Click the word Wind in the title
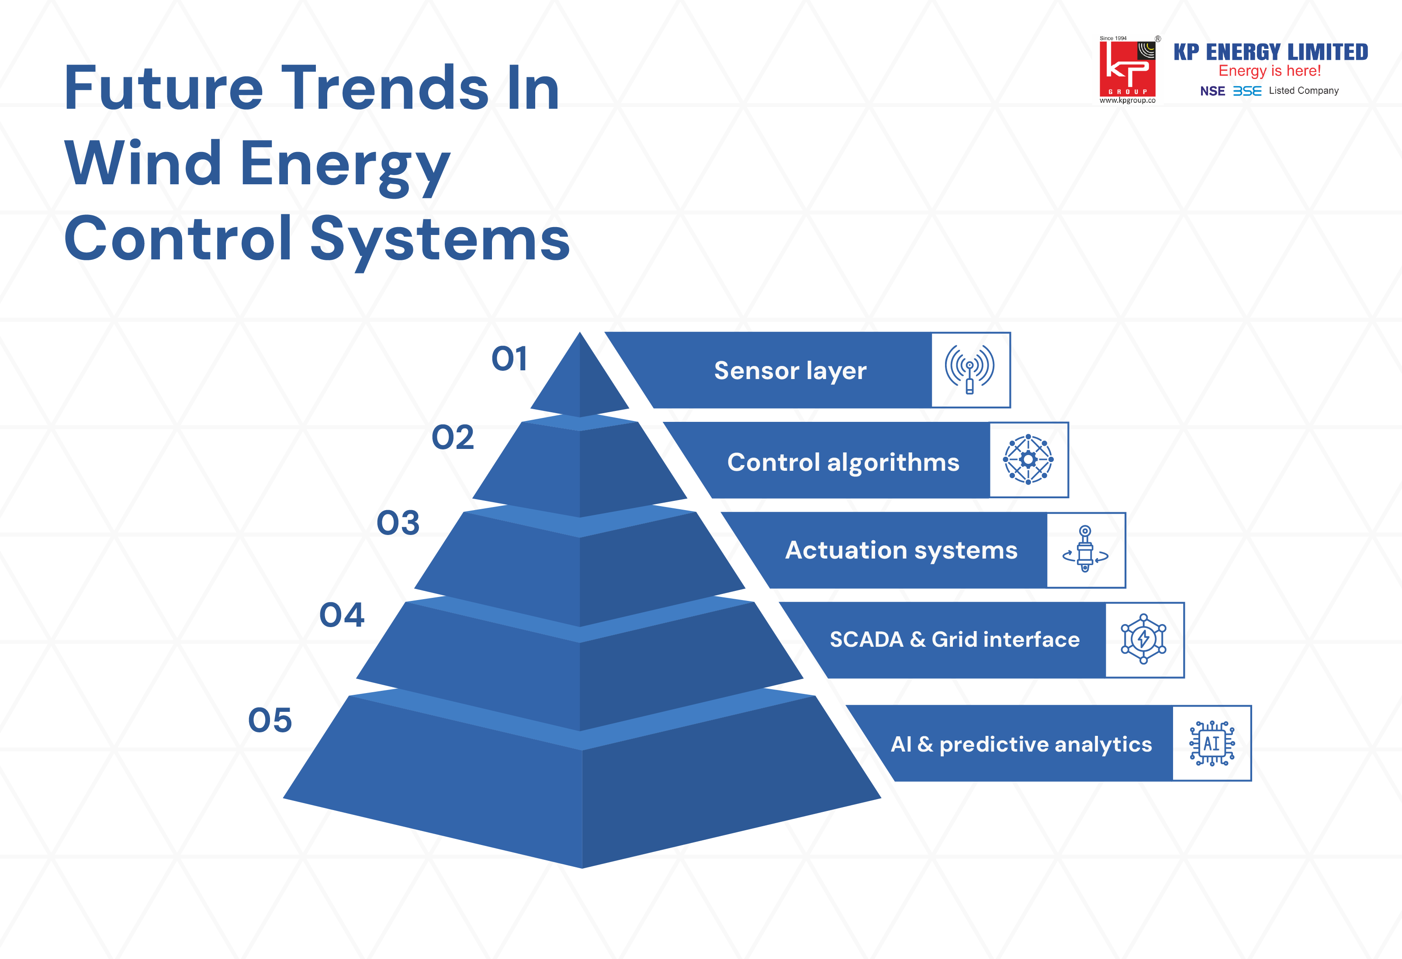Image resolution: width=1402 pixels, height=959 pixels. (x=143, y=163)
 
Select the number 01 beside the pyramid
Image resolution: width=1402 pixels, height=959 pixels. (x=509, y=359)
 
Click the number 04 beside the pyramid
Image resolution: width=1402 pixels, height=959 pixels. (x=342, y=615)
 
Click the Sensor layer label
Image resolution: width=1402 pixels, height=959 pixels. (x=790, y=371)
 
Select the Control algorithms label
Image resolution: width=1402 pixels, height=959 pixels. (x=843, y=462)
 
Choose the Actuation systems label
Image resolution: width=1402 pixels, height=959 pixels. (x=901, y=551)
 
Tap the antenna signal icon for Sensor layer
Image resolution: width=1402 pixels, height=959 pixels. (x=969, y=369)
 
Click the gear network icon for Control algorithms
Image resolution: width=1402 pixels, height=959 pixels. (x=1028, y=459)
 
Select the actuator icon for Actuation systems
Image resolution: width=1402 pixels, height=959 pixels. (x=1085, y=549)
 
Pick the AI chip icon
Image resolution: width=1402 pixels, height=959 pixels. (x=1212, y=743)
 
